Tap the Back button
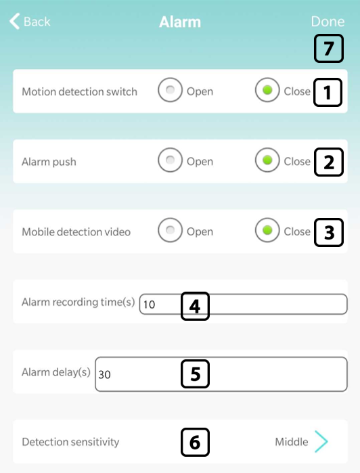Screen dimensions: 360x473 pos(30,22)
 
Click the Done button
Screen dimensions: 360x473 pos(328,22)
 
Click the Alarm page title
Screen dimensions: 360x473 pos(180,22)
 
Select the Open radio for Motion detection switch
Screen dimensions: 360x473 pos(171,90)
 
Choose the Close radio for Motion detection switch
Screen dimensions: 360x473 pos(267,90)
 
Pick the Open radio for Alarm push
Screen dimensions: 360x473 pos(171,160)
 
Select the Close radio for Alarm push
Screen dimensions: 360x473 pos(267,160)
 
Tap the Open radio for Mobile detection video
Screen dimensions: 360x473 pos(171,230)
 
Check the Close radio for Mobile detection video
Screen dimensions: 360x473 pos(267,230)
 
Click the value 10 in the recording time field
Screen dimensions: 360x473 pos(150,305)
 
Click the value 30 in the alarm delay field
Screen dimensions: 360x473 pos(104,375)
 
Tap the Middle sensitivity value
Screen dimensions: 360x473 pos(292,442)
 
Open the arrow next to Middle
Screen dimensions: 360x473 pos(321,442)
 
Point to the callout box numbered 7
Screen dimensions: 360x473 pos(329,49)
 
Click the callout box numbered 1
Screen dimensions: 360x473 pos(328,92)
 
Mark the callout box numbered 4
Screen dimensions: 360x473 pos(195,306)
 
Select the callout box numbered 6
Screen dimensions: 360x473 pos(195,443)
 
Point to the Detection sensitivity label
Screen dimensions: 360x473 pos(70,442)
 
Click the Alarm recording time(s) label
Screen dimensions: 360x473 pos(78,302)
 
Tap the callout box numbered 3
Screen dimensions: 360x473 pos(329,233)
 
